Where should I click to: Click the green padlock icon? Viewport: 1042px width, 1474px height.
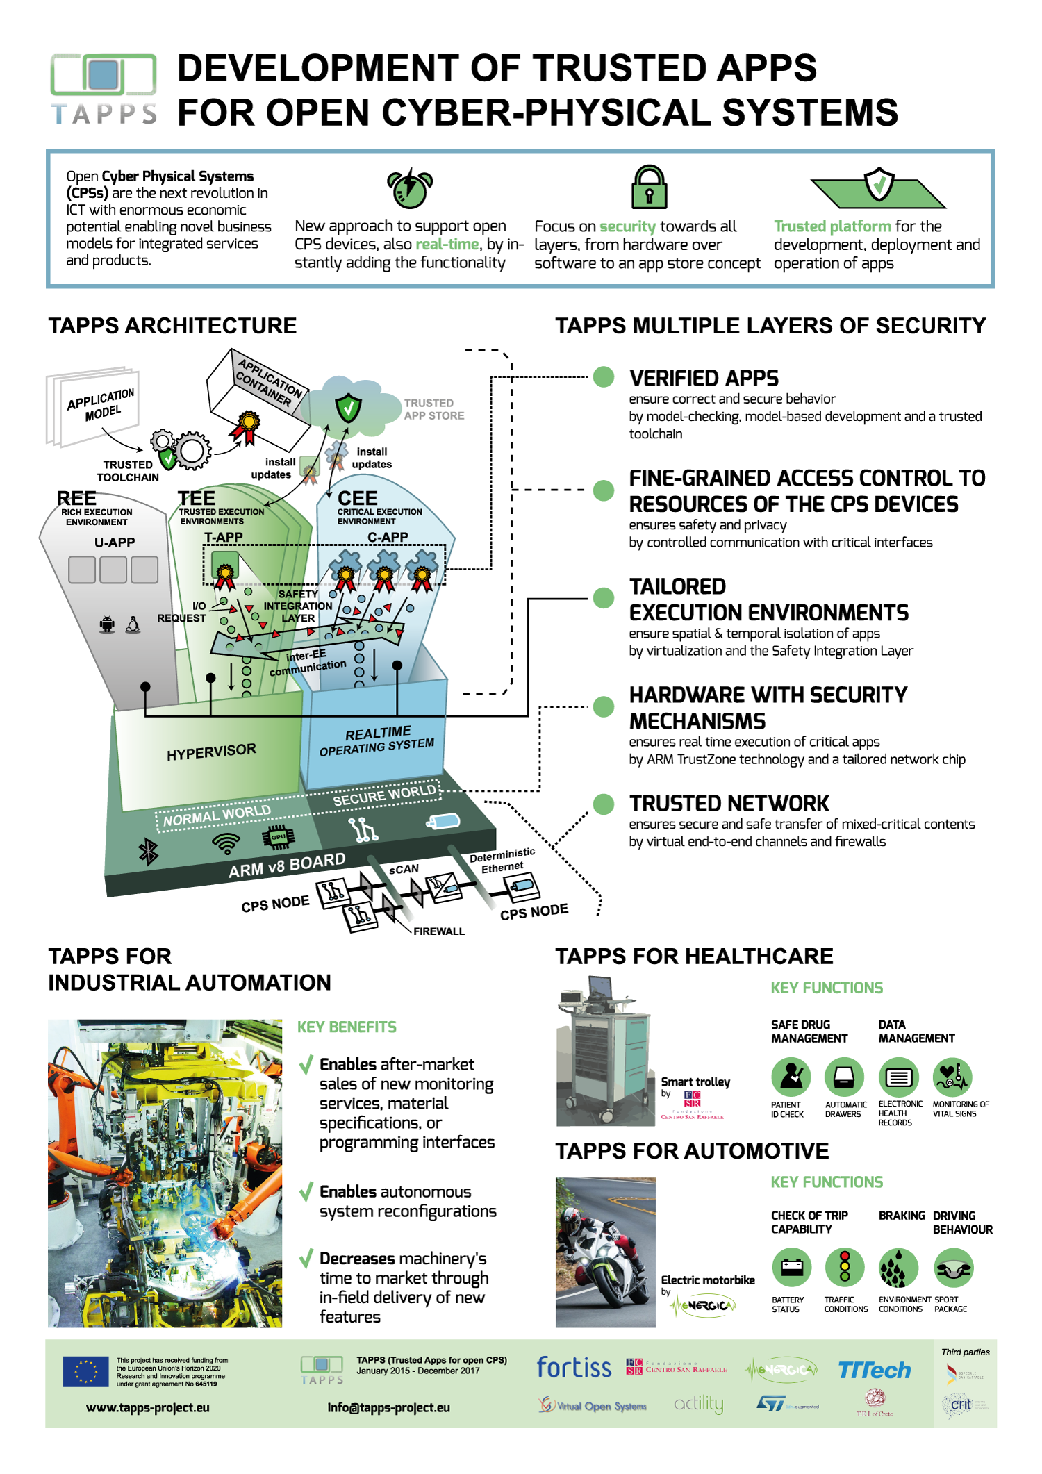pos(649,188)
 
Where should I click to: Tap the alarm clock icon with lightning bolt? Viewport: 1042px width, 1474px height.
pos(409,188)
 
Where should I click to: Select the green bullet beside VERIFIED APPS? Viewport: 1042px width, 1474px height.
pos(604,377)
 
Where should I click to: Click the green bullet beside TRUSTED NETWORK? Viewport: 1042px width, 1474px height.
pos(604,804)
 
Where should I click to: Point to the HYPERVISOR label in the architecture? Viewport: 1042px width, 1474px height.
pos(211,752)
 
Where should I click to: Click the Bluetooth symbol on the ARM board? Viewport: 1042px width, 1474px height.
pos(149,852)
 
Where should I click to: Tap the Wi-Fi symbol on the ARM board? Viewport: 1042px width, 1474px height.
pos(226,843)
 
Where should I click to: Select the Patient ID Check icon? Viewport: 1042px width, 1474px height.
pos(791,1077)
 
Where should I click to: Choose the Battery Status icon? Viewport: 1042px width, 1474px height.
pos(791,1268)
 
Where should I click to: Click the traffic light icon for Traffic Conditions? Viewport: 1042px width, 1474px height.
pos(845,1268)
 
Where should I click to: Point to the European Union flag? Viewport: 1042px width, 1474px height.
pos(85,1372)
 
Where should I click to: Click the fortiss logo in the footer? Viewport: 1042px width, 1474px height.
pos(574,1368)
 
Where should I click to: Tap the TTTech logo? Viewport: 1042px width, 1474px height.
pos(874,1370)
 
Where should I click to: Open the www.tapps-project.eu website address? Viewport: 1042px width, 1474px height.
pos(148,1408)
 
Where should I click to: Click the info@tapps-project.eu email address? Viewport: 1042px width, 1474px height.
pos(389,1408)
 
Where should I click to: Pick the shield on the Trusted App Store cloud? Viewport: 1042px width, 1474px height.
pos(348,408)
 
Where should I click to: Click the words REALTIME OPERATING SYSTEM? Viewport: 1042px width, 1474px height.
pos(377,741)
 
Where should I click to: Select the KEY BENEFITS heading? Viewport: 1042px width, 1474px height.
pos(347,1027)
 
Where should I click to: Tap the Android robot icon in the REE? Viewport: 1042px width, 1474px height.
pos(107,624)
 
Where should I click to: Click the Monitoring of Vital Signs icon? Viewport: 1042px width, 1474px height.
pos(952,1077)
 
